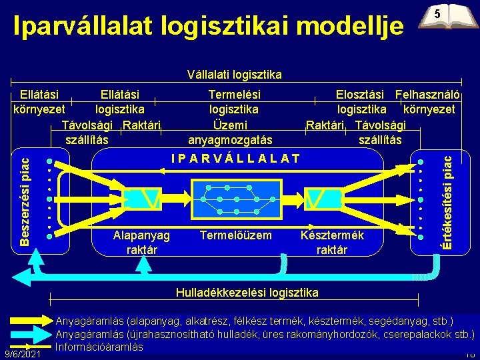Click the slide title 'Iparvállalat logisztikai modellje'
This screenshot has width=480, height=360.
[x=209, y=27]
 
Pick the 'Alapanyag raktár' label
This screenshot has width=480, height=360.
[x=141, y=242]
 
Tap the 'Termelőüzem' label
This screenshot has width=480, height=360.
[x=236, y=235]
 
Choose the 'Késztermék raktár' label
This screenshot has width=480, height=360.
[x=332, y=242]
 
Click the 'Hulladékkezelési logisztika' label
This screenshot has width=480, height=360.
[x=247, y=292]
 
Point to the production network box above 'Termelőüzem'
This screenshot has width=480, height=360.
[x=235, y=198]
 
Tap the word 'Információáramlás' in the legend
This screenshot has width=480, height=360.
[x=99, y=346]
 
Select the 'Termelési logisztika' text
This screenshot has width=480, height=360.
[x=234, y=102]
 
